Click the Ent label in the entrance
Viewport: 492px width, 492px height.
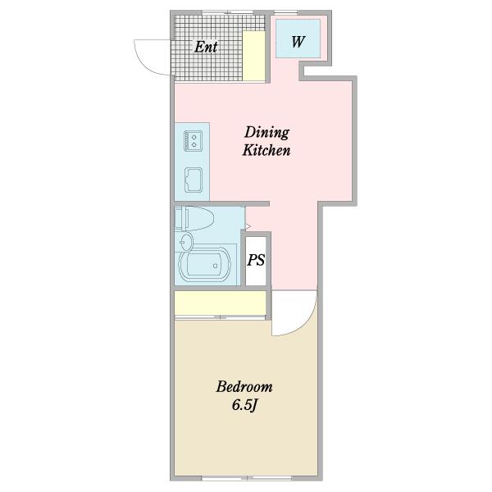(206, 47)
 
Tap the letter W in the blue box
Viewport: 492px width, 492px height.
(298, 42)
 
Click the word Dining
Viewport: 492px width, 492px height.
(266, 132)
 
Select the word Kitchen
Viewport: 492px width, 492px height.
(266, 150)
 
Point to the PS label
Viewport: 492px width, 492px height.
(256, 260)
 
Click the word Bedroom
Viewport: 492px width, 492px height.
(244, 386)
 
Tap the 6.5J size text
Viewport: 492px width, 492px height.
(244, 405)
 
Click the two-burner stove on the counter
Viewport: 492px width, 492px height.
(193, 140)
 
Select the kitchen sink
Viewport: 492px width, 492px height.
(194, 180)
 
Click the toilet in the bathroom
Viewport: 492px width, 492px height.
(194, 218)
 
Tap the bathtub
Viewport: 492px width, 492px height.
(204, 265)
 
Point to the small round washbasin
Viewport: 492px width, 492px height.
(186, 242)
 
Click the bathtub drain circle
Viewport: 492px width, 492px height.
(215, 266)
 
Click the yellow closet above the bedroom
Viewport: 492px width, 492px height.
(220, 303)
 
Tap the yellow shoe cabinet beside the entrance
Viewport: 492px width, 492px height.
(254, 56)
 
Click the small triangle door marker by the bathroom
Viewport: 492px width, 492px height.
(248, 226)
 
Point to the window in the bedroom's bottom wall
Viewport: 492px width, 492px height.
(247, 479)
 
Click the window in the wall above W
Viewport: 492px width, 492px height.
(285, 12)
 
